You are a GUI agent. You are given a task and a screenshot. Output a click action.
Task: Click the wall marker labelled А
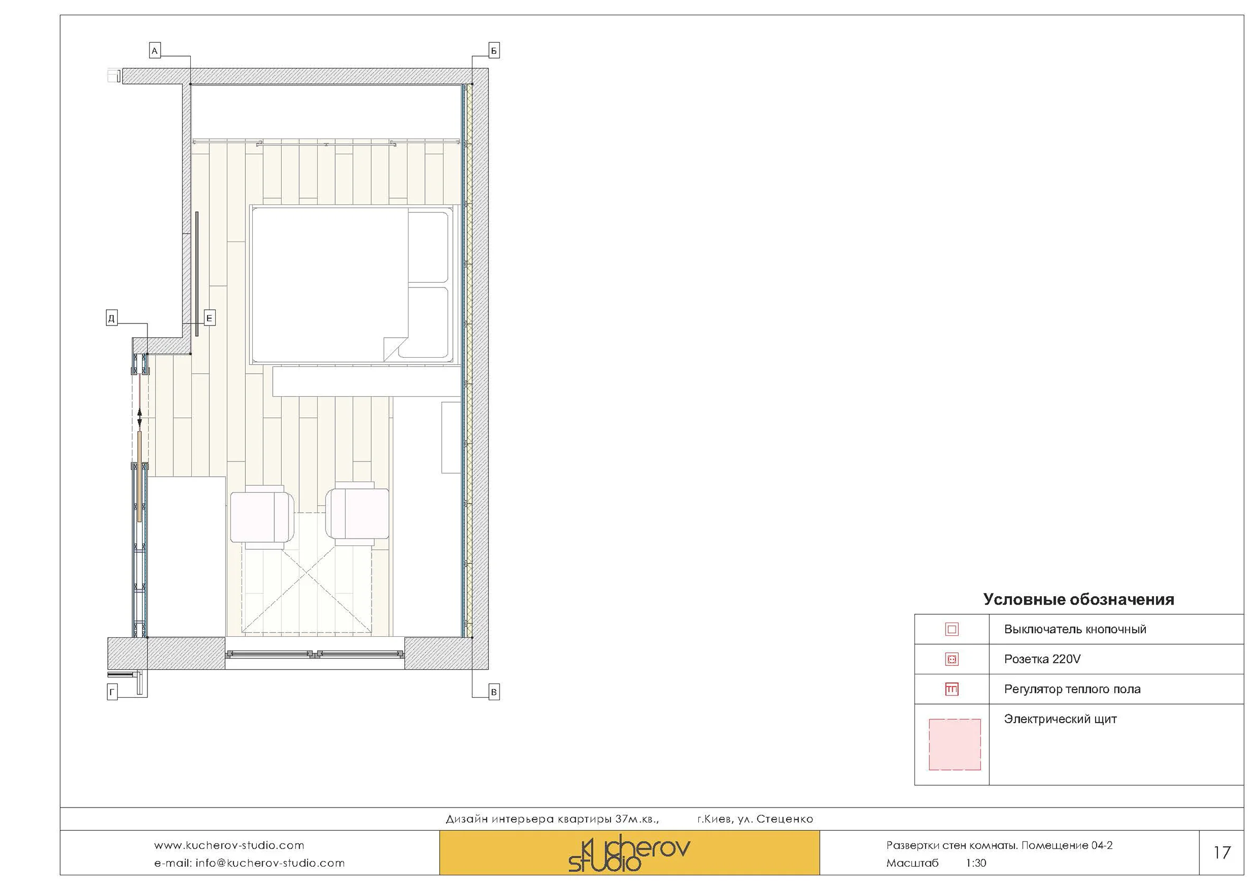[155, 51]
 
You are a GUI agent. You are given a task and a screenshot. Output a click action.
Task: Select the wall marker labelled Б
[494, 51]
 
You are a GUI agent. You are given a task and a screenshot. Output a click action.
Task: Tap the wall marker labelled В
[494, 692]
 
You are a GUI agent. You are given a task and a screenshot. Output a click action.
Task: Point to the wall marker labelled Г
[112, 692]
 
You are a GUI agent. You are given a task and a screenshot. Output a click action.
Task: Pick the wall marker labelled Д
[112, 318]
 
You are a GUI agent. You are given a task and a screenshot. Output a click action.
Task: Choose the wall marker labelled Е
[209, 318]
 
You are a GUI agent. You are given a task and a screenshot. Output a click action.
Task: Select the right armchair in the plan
[357, 514]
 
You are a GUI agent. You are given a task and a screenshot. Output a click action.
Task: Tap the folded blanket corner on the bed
[394, 349]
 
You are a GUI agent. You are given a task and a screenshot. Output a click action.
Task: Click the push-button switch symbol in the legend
[951, 629]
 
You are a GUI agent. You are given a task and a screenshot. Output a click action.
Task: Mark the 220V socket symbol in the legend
[951, 659]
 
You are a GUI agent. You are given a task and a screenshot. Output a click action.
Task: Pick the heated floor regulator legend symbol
[951, 689]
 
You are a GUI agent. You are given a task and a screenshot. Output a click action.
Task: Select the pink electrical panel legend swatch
[954, 745]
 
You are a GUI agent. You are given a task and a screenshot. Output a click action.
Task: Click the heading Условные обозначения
[1078, 599]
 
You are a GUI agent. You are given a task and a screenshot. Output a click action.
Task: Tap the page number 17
[1221, 852]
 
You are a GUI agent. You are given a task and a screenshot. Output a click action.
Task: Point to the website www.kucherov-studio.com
[229, 846]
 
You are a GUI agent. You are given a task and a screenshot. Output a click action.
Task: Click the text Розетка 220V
[1042, 659]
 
